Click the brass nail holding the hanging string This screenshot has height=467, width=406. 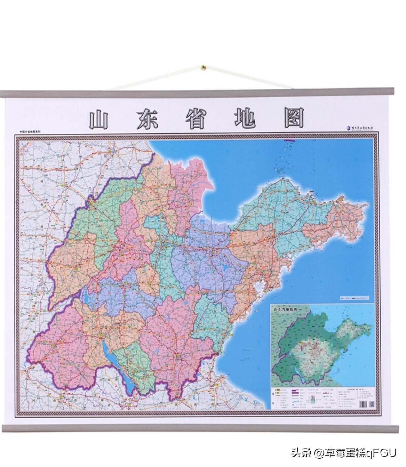coord(203,68)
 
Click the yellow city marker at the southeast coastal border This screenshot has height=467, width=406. coord(219,353)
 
